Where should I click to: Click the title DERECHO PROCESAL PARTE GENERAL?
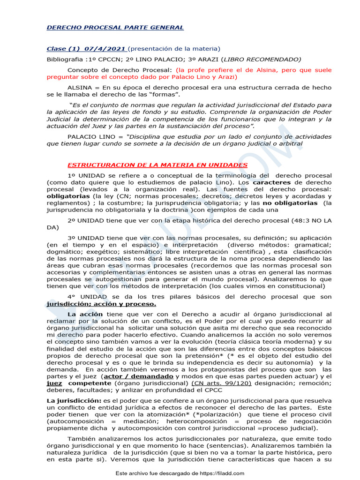point(115,28)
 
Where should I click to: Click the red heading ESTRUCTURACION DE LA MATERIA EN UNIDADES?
point(157,165)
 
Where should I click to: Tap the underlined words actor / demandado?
point(133,376)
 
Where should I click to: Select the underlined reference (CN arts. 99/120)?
point(221,383)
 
